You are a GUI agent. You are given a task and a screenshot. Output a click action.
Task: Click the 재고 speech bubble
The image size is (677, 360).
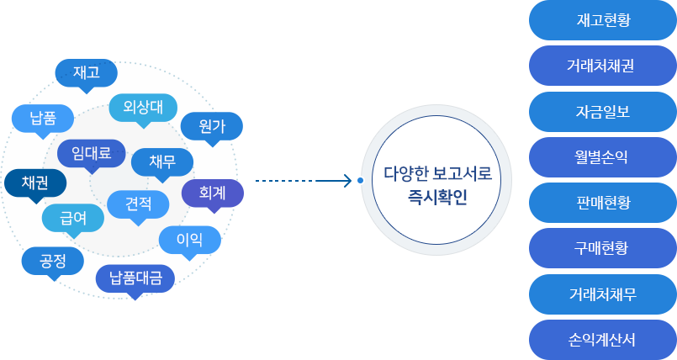click(x=86, y=72)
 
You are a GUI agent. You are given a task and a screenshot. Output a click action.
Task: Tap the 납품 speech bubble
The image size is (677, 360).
click(x=42, y=118)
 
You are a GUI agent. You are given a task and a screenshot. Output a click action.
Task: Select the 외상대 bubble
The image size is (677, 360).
click(x=143, y=108)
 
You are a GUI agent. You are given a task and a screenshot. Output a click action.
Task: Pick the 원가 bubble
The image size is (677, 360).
click(x=212, y=127)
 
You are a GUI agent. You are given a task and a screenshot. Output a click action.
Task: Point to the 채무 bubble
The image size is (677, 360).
click(x=162, y=161)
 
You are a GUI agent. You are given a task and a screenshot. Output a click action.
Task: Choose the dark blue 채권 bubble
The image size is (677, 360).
click(x=34, y=183)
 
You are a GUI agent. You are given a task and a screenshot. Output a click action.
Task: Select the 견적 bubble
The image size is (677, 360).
click(x=138, y=203)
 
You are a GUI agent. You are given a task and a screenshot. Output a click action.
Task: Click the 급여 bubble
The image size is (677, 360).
click(x=73, y=217)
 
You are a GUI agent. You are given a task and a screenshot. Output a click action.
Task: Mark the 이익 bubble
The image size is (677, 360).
click(x=189, y=240)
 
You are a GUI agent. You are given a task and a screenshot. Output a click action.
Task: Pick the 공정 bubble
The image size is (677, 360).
click(x=52, y=260)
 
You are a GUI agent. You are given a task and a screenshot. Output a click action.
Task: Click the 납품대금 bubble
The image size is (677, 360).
click(x=135, y=278)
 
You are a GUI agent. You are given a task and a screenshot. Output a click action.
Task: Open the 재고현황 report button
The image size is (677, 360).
click(x=602, y=20)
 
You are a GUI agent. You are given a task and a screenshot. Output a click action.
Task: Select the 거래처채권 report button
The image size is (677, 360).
click(x=602, y=66)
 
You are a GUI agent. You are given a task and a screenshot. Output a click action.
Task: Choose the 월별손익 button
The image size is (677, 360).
click(x=602, y=156)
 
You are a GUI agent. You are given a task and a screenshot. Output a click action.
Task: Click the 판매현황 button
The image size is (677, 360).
click(x=602, y=203)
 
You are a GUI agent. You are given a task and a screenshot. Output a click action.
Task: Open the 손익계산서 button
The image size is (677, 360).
click(x=602, y=340)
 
